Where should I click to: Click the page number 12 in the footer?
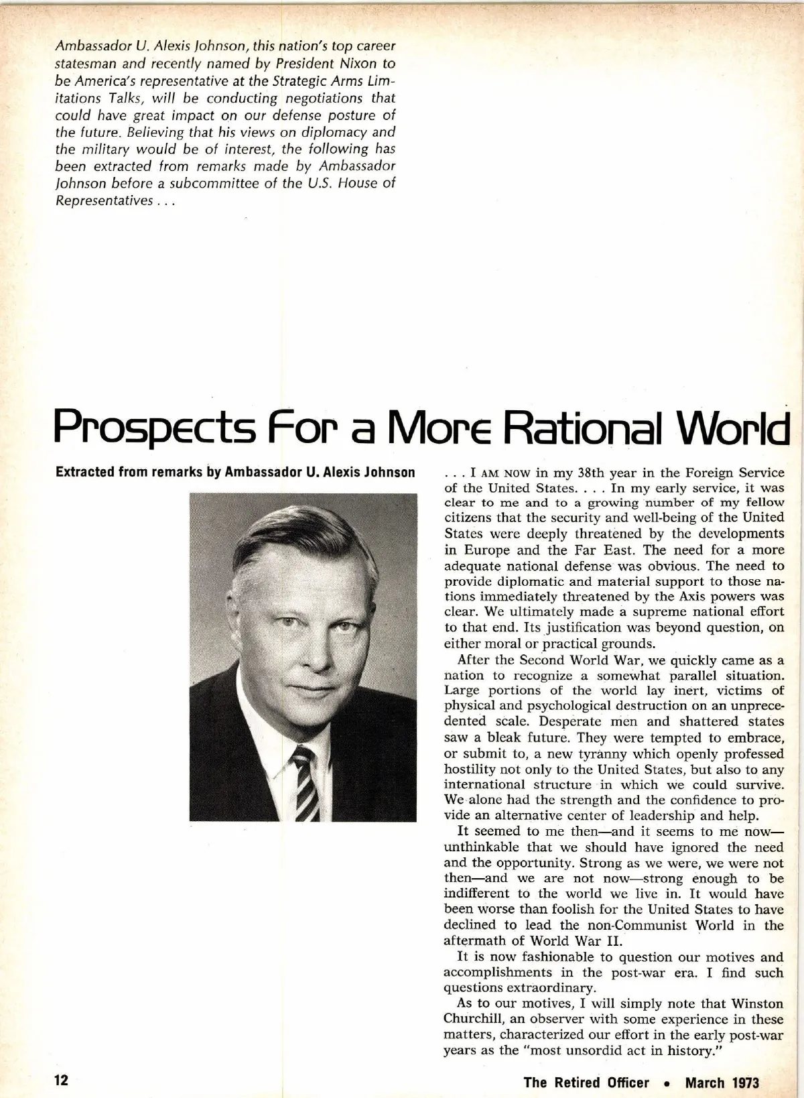click(62, 1081)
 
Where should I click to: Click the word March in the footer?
click(705, 1082)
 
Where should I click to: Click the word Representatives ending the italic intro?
click(103, 200)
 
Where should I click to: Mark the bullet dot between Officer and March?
click(667, 1083)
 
